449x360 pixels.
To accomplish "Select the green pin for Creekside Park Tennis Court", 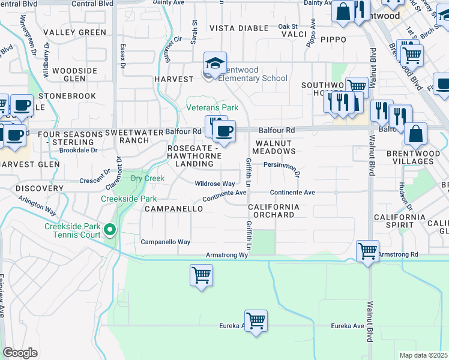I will click(109, 230).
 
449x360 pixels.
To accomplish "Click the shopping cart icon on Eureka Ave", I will click(256, 320).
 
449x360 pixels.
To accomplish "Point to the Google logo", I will click(20, 353).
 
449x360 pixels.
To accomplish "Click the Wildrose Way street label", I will click(214, 184).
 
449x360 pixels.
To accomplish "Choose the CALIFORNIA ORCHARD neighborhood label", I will click(273, 211).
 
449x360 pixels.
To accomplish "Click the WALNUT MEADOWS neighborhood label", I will click(275, 147).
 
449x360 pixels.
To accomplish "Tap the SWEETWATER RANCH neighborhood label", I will click(126, 136).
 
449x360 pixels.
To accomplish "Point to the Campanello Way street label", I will click(165, 242).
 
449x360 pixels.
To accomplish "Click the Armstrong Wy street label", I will click(227, 255).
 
